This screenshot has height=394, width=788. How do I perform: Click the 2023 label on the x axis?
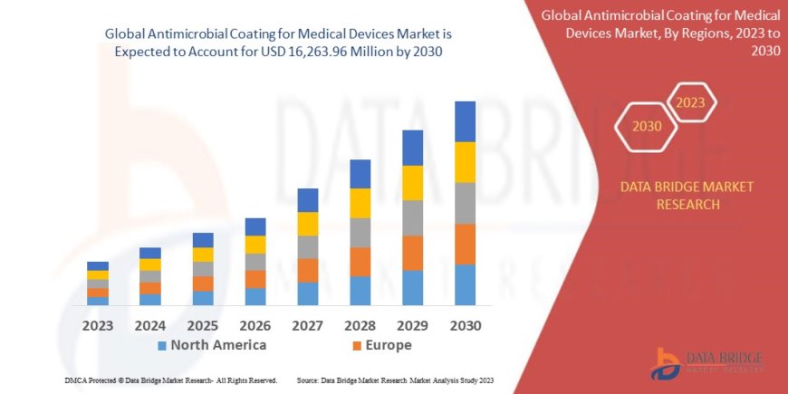pyautogui.click(x=97, y=324)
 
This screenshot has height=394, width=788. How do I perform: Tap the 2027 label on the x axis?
pyautogui.click(x=308, y=324)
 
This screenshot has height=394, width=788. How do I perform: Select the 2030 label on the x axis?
pyautogui.click(x=465, y=324)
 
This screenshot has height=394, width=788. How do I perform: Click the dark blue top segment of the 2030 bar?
pyautogui.click(x=465, y=121)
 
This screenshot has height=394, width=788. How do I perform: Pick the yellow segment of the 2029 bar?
pyautogui.click(x=412, y=183)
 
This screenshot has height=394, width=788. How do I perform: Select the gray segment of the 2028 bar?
pyautogui.click(x=360, y=233)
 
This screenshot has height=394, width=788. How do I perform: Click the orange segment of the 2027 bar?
pyautogui.click(x=308, y=270)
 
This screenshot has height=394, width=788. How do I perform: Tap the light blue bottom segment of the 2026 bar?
pyautogui.click(x=255, y=296)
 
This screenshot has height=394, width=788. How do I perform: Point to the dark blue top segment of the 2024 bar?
pyautogui.click(x=150, y=253)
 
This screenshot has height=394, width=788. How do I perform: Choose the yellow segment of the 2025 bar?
pyautogui.click(x=203, y=255)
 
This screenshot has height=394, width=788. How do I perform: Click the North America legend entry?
pyautogui.click(x=212, y=345)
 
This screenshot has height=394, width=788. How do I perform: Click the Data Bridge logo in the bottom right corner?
pyautogui.click(x=707, y=362)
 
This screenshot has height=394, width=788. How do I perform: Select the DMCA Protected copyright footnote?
pyautogui.click(x=171, y=380)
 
